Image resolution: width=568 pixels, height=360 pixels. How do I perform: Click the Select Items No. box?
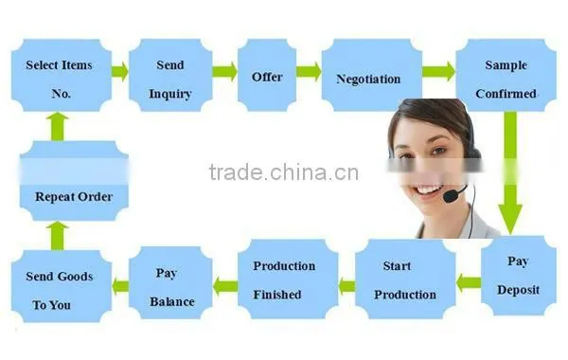coord(62,75)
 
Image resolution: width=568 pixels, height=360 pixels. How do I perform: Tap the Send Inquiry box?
coord(170,75)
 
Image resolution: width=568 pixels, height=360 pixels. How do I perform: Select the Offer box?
coord(267,75)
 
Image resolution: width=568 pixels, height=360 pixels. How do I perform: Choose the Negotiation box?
coord(372,75)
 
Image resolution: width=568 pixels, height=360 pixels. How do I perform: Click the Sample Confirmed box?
coord(506,75)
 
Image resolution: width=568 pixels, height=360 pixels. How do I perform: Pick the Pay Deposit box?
coord(519,276)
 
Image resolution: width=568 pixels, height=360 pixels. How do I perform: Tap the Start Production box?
coord(405,279)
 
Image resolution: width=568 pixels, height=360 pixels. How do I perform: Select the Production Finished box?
coord(288,279)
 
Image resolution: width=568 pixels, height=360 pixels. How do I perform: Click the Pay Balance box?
coord(170,282)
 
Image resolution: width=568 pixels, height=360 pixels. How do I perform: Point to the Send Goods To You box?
coord(62,286)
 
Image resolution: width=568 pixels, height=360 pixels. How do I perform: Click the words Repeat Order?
coord(74,197)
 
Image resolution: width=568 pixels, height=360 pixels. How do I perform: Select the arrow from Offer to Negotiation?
coord(309,71)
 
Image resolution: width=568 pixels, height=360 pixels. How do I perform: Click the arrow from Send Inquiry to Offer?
coord(224,71)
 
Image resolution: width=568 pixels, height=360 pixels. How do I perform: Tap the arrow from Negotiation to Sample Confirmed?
coord(438,71)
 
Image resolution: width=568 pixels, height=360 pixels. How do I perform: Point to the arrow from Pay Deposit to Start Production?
coord(468,282)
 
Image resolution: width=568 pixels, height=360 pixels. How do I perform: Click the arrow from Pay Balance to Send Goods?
coord(120,286)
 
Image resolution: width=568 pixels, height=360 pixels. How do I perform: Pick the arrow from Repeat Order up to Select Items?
coord(57,127)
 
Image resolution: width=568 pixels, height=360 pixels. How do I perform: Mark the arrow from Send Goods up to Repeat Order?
coord(57,236)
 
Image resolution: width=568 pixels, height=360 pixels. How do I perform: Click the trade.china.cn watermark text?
coord(284,172)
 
